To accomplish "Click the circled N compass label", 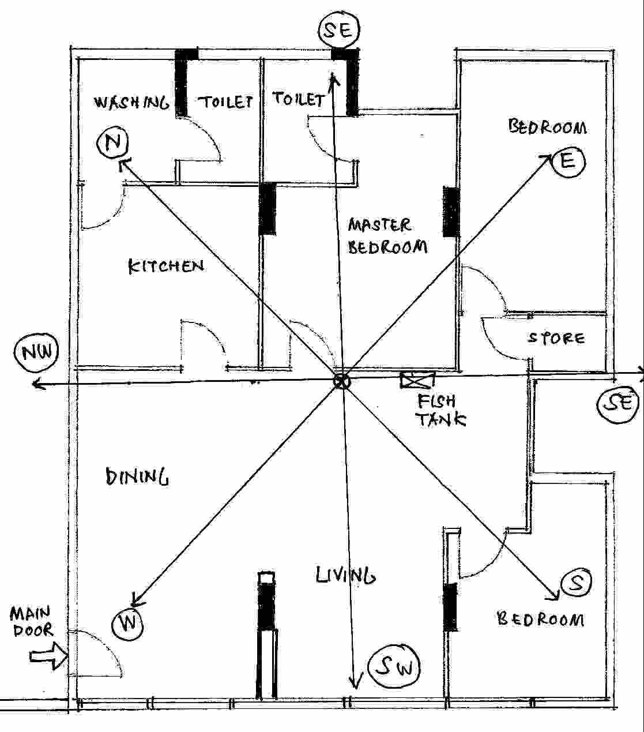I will coord(112,142).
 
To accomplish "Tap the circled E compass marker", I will coord(568,161).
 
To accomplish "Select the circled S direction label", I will coord(577,584).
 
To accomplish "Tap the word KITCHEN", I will coord(165,266).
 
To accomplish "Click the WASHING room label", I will coord(132,103).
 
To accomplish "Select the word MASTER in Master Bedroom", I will coord(379,224).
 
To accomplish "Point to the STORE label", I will coord(556,337).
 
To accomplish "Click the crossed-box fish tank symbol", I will coord(417,380).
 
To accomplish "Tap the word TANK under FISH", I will coord(440,419).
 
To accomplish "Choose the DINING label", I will coord(137,477).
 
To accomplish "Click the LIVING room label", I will coord(345,575).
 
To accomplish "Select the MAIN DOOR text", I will coord(32,621).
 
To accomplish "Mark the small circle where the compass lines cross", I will coord(341,381).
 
